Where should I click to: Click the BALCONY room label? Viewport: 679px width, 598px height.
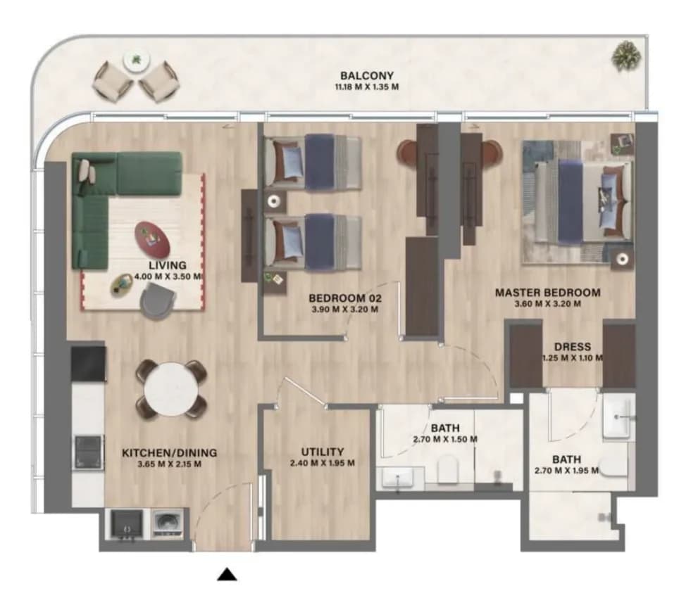(367, 76)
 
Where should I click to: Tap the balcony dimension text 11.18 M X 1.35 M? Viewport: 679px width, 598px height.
(367, 87)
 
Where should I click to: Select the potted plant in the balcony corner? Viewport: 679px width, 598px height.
(626, 56)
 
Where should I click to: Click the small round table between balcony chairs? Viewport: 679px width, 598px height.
(137, 61)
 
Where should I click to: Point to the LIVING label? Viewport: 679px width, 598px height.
(168, 265)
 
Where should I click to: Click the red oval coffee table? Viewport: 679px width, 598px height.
(152, 240)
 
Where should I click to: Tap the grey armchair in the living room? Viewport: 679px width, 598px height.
(158, 303)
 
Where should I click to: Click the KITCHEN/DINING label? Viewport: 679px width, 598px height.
(169, 452)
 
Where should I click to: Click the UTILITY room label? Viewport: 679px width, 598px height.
(322, 452)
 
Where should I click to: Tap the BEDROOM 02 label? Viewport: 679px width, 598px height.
(345, 298)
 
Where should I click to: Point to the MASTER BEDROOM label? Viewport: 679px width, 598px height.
(548, 293)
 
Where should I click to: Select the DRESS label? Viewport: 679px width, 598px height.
(573, 347)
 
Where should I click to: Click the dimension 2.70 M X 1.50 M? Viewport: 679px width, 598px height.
(445, 439)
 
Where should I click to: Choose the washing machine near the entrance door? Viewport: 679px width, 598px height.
(166, 523)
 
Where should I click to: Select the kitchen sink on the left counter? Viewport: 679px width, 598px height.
(89, 452)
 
